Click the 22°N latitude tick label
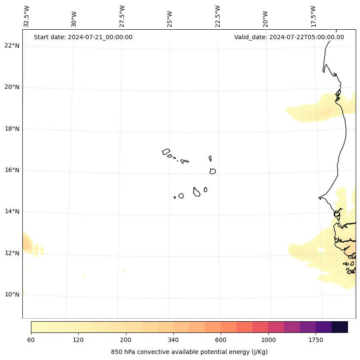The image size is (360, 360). (x=12, y=46)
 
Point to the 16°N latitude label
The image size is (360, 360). (x=12, y=170)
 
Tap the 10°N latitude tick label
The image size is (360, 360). (x=12, y=295)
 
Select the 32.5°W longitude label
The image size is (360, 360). (x=27, y=16)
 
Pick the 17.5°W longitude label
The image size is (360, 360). (x=314, y=16)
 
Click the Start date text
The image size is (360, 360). (x=83, y=37)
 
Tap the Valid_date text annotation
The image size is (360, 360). (x=289, y=37)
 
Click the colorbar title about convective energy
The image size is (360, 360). (x=189, y=352)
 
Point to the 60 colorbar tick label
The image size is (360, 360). (x=31, y=340)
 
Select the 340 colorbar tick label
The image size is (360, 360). (x=173, y=340)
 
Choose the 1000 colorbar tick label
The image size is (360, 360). (x=268, y=340)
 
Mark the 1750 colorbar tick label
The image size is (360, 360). (x=316, y=340)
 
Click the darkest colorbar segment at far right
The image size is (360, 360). (x=340, y=327)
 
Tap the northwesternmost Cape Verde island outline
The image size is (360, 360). (x=166, y=152)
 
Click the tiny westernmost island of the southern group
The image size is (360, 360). (x=175, y=197)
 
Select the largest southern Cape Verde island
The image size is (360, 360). (x=197, y=192)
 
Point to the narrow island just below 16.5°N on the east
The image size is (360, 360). (x=210, y=158)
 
